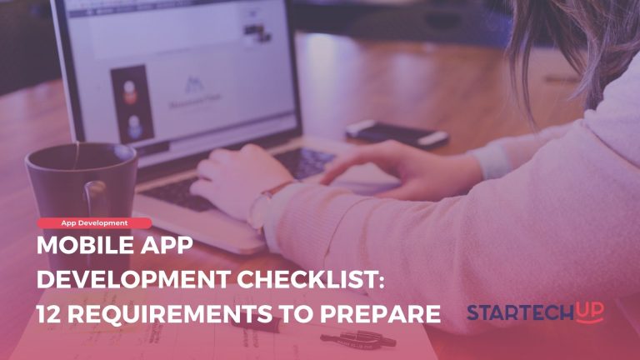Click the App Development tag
pos(94,223)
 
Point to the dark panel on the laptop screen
pos(129,104)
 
